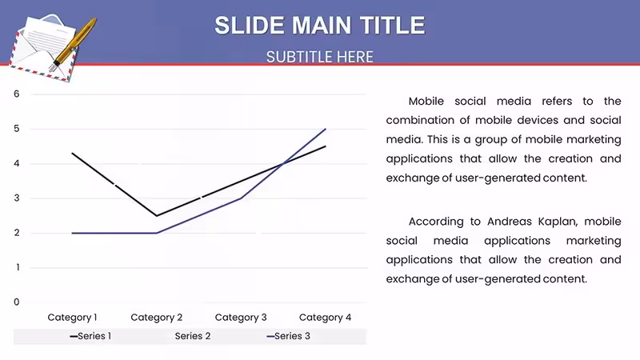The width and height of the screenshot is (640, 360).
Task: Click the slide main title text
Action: (320, 26)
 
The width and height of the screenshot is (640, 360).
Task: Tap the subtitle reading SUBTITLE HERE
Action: (320, 57)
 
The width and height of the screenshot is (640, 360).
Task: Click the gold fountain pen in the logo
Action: (74, 44)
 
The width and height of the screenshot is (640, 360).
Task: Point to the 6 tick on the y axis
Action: (16, 94)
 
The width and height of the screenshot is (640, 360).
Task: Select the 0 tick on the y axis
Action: (16, 302)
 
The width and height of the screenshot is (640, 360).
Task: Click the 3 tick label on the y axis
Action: (16, 198)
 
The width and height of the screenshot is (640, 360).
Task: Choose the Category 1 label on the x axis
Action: (72, 318)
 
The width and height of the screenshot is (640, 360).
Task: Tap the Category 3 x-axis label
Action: (241, 318)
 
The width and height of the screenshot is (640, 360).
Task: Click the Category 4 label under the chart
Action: (325, 318)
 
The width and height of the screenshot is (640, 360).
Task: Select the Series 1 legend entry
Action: (90, 336)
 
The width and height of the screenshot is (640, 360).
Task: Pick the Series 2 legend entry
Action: (193, 336)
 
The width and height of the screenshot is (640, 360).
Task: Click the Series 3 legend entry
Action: (289, 336)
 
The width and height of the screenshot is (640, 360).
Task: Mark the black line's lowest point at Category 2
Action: (157, 215)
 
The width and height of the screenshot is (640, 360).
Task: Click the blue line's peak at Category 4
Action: (326, 129)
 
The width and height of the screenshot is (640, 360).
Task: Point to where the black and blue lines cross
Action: (283, 164)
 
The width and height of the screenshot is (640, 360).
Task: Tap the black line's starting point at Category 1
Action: (72, 153)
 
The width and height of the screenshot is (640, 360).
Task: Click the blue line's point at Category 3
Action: (241, 198)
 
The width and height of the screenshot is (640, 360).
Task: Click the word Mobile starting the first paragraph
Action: (426, 102)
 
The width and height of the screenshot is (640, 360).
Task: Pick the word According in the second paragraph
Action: (436, 222)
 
